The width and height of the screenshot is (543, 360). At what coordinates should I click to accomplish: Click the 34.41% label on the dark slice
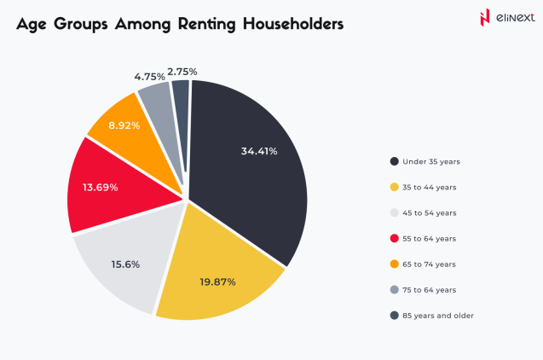pos(259,151)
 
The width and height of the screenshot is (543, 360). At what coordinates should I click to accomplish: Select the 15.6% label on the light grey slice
pos(126,264)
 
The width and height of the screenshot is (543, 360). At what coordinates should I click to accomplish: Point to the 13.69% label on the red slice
pos(101,187)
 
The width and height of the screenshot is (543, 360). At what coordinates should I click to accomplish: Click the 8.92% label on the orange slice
pos(125,125)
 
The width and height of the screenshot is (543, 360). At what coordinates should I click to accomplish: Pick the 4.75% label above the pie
pos(149,76)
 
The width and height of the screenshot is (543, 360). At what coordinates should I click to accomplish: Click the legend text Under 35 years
pos(431,161)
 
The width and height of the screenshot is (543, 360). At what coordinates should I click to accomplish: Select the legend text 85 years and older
pos(439,316)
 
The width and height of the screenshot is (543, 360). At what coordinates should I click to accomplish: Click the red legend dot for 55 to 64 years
pos(394,238)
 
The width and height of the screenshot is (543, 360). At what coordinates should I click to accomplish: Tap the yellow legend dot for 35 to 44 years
pos(394,187)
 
